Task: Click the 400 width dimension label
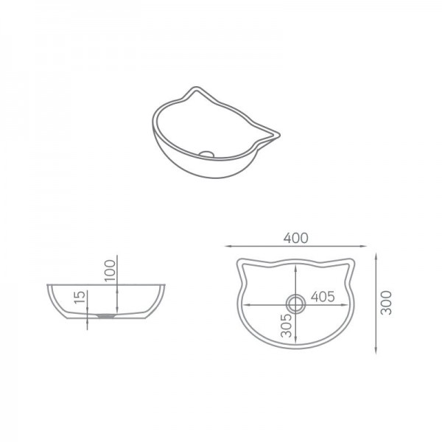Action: coord(294,237)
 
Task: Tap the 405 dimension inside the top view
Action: coord(323,296)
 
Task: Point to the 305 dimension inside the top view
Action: coord(285,324)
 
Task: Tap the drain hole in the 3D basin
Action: coord(208,153)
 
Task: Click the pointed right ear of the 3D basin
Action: coord(278,133)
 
